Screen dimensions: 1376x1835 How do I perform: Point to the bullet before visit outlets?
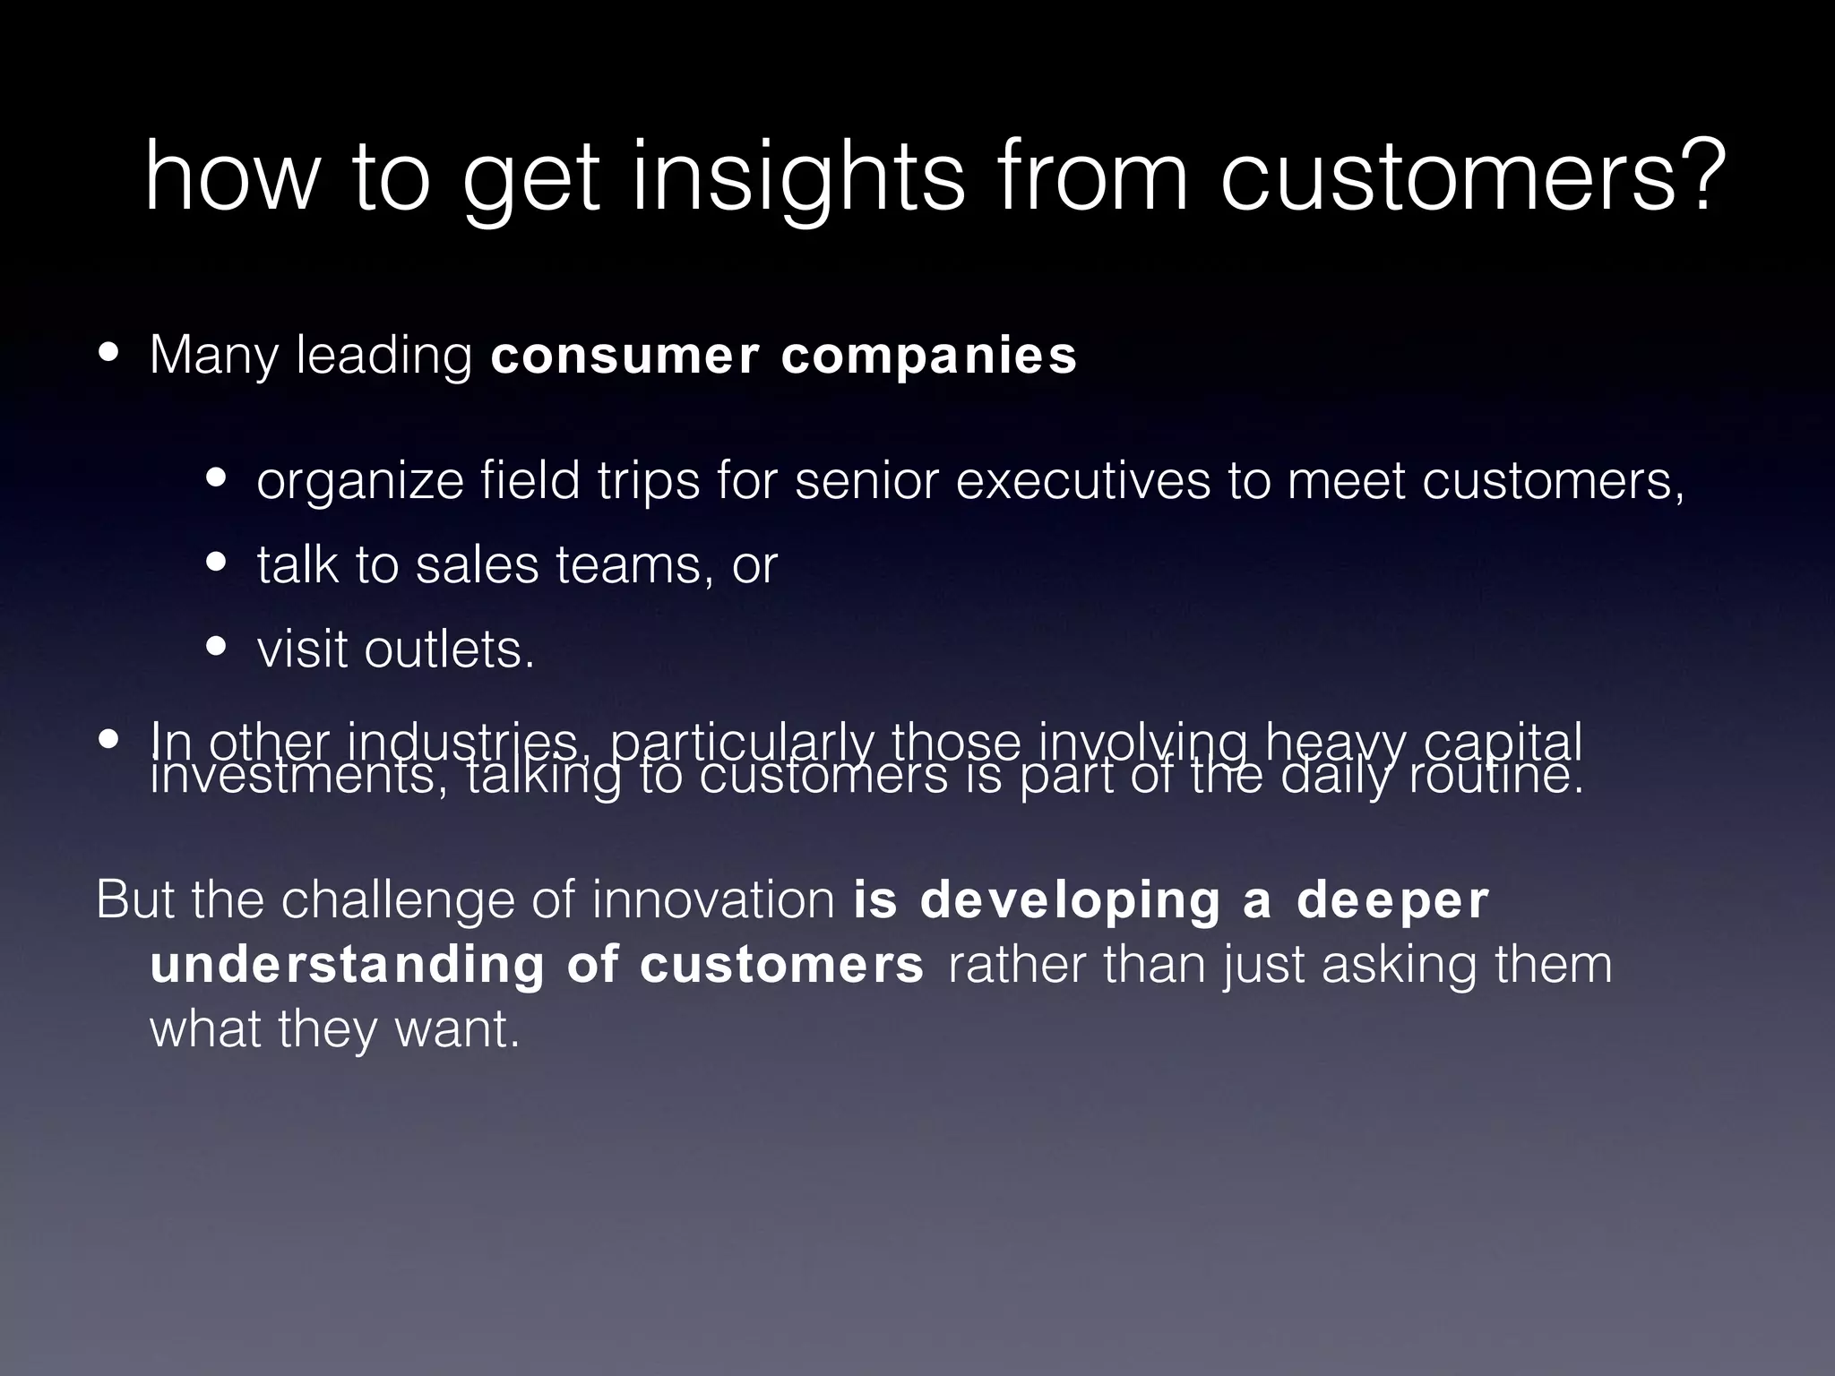pyautogui.click(x=216, y=647)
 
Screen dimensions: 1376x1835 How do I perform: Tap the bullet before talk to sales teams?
pyautogui.click(x=216, y=563)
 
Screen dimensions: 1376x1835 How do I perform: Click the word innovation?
pyautogui.click(x=713, y=899)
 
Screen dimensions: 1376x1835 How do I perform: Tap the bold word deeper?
pyautogui.click(x=1392, y=901)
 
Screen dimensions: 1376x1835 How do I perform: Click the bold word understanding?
pyautogui.click(x=346, y=965)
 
